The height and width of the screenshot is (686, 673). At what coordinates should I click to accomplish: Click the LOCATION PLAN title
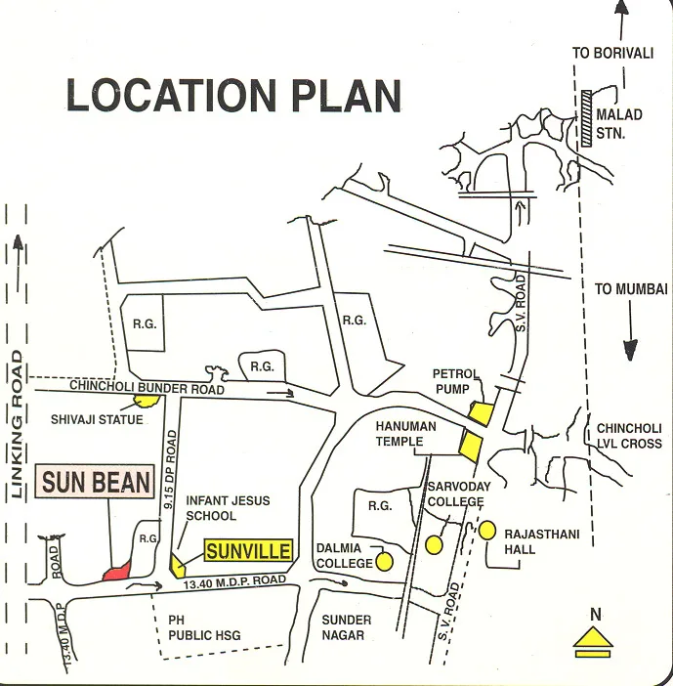coord(233,96)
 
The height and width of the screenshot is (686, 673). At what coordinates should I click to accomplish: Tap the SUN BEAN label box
coord(97,482)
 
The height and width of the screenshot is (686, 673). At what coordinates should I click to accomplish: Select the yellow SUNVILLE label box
coord(249,551)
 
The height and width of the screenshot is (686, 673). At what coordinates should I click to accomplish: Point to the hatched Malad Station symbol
coord(587,118)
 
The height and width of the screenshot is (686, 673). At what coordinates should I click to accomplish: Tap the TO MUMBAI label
coord(630,289)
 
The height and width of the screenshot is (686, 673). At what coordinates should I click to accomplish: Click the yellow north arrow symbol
coord(592,639)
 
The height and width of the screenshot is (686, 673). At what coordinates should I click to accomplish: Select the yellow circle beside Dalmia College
coord(385,562)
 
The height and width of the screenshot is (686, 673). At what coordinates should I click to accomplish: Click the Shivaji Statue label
coord(97,420)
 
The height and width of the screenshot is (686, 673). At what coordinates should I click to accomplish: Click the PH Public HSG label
coord(204,627)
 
